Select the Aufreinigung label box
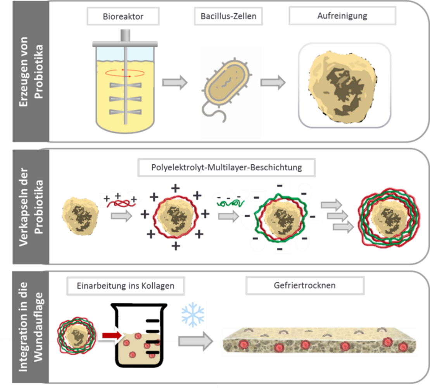pyautogui.click(x=342, y=16)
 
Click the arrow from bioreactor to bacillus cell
pyautogui.click(x=175, y=83)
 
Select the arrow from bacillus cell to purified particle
pyautogui.click(x=273, y=83)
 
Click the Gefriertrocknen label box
pyautogui.click(x=304, y=286)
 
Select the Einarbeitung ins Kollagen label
pyautogui.click(x=120, y=286)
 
